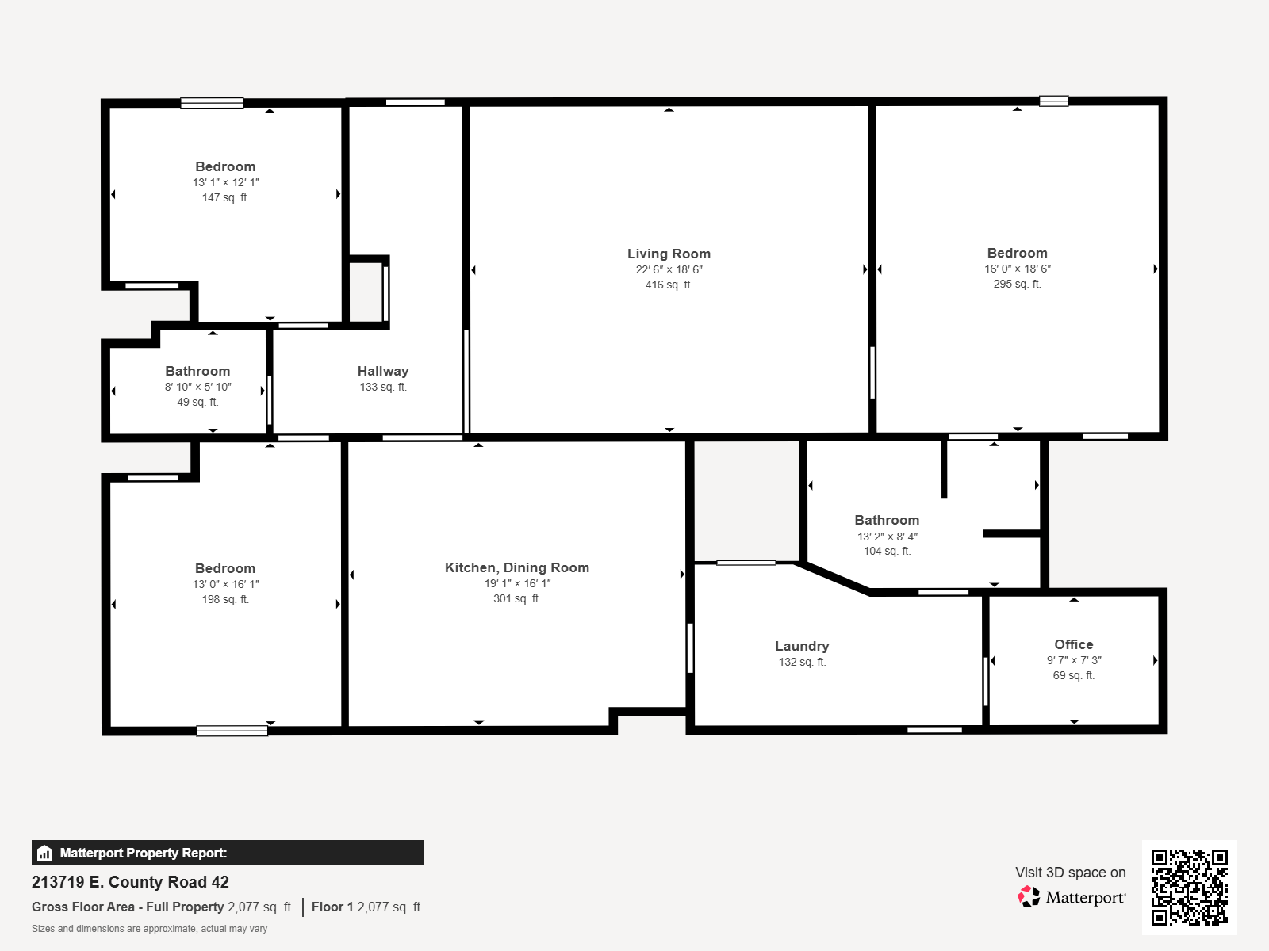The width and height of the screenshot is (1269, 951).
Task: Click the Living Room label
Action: [669, 254]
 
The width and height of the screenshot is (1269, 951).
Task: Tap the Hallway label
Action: [383, 371]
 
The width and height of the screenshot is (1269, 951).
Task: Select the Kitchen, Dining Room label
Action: [517, 567]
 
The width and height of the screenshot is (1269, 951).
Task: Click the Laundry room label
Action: [802, 646]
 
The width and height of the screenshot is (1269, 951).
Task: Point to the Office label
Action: [1074, 644]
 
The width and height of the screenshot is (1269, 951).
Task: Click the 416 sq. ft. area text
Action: [669, 285]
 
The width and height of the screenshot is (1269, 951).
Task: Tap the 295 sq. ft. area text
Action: [1017, 284]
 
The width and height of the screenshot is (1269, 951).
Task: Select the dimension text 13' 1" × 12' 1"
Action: [225, 182]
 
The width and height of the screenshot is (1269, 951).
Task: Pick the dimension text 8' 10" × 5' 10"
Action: [197, 387]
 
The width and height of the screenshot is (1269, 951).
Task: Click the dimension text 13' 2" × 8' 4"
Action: [887, 537]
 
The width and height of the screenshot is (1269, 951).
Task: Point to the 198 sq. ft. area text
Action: [225, 599]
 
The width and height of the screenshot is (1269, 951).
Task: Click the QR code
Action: [1189, 887]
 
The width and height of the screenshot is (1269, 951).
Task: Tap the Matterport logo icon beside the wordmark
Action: [1029, 897]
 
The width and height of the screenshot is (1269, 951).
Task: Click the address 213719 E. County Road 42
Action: [130, 882]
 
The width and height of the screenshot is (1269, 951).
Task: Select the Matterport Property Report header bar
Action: [227, 853]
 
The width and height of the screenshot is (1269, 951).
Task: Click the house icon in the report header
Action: [44, 853]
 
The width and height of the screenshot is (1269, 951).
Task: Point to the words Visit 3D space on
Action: [1070, 873]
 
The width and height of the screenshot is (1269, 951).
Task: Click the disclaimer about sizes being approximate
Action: [149, 929]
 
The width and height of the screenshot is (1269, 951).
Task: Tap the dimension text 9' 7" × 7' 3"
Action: [1074, 660]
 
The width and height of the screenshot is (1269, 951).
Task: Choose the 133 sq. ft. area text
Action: [383, 387]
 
